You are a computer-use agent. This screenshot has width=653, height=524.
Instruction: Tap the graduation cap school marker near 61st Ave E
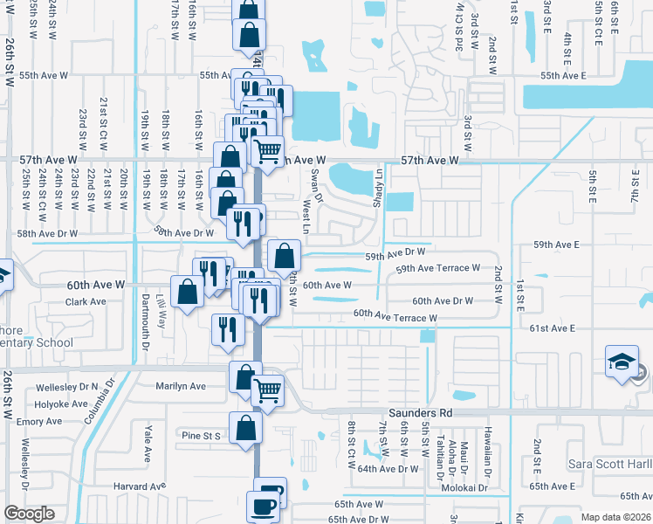pos(621,363)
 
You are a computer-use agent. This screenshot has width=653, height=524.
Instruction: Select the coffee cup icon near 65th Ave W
pos(263,506)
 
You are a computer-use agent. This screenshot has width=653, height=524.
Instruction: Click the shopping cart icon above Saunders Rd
pos(267,390)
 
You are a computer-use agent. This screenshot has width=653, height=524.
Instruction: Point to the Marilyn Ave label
pos(180,386)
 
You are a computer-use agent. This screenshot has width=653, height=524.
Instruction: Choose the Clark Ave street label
pos(86,302)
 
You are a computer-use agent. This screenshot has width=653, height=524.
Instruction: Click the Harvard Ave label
pos(139,486)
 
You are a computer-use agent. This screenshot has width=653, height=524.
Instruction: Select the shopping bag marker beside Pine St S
pos(246,428)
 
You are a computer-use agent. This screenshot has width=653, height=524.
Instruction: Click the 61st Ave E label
pos(553,328)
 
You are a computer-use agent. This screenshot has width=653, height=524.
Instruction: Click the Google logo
pos(29,514)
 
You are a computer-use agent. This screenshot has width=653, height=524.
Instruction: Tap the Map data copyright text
pos(615,517)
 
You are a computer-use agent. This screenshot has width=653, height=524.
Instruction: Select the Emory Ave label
pos(39,422)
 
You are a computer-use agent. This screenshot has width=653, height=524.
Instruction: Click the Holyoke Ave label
pos(61,404)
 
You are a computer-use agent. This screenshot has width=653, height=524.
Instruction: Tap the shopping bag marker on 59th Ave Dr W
pos(284,256)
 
